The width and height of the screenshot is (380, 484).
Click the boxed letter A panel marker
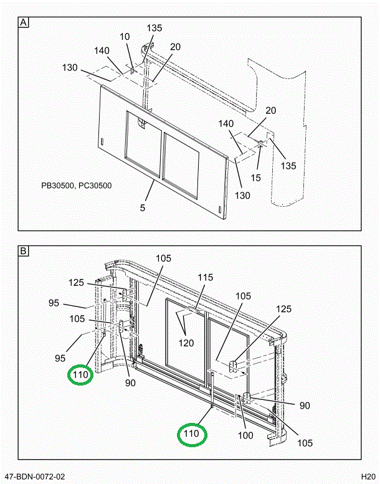[24, 24]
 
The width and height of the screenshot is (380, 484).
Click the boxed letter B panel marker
[24, 252]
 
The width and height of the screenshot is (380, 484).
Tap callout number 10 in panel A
[125, 37]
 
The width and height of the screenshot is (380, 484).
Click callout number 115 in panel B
[206, 278]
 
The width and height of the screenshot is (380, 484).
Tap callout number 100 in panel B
[245, 435]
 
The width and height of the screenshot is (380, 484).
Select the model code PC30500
[95, 185]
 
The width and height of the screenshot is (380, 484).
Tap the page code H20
[368, 477]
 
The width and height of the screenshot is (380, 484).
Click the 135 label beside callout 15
[288, 166]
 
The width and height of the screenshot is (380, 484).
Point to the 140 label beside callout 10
[103, 51]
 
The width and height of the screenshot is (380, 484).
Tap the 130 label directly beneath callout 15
[242, 196]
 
